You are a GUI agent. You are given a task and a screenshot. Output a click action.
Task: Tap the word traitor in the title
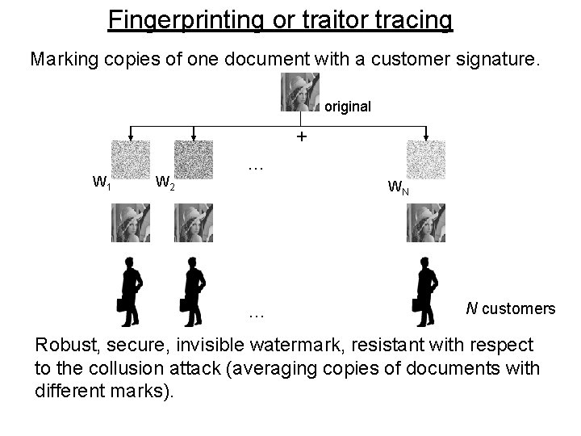coord(323,19)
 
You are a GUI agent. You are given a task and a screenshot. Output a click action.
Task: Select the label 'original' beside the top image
coord(348,106)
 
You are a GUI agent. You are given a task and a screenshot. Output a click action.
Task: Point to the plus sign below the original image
coord(301,137)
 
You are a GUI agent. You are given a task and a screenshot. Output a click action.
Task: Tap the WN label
coord(398,187)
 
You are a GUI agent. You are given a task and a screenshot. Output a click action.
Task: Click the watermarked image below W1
coord(131,222)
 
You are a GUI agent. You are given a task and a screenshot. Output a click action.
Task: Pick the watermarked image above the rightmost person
coord(425,222)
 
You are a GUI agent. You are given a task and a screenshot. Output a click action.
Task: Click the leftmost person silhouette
coord(130,291)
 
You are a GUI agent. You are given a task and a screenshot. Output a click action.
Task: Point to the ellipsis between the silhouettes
coord(257,312)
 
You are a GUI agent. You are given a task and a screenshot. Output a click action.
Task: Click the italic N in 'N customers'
coord(471,308)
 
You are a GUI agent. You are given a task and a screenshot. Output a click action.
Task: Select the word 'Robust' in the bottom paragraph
coord(65,345)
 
